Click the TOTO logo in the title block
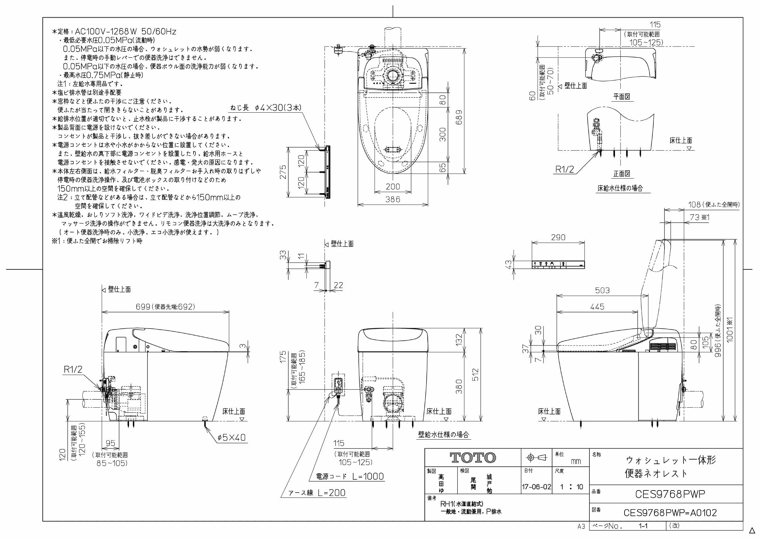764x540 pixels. click(472, 458)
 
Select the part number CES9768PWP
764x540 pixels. click(670, 494)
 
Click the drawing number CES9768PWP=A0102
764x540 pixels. click(670, 512)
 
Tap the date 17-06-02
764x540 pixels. click(536, 487)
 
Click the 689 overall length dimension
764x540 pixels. click(459, 117)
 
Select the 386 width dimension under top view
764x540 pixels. click(393, 199)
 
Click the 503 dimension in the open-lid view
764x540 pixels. click(602, 290)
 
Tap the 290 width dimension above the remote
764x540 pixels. click(558, 237)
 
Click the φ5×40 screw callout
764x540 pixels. click(232, 437)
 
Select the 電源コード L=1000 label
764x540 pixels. click(350, 476)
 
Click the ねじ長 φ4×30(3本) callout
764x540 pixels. click(266, 107)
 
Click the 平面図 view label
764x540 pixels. click(622, 96)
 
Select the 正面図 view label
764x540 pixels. click(622, 173)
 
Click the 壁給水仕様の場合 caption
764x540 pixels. click(443, 434)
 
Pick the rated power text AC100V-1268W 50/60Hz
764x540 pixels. click(125, 32)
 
